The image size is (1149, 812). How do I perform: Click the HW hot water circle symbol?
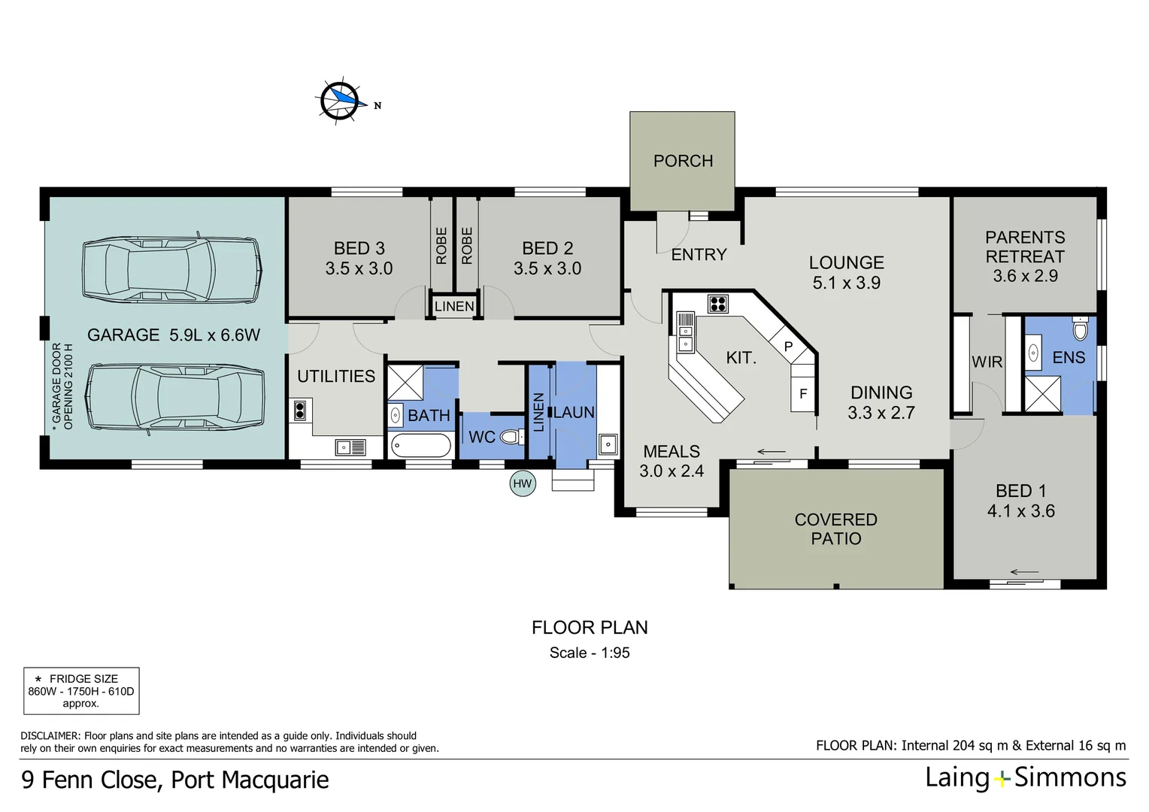point(522,483)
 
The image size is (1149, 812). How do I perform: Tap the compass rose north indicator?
point(341,101)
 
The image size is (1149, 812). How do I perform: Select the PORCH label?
point(683,161)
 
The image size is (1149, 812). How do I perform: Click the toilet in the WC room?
point(511,437)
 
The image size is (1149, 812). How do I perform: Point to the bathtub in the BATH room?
point(420,445)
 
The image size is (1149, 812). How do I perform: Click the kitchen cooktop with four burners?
point(717,304)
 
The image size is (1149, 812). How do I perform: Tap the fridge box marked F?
point(803,394)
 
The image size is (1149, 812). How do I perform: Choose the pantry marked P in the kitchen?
point(788,347)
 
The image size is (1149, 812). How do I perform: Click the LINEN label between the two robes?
point(454,307)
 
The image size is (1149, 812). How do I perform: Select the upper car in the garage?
point(172,268)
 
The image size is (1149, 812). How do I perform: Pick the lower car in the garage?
point(175,398)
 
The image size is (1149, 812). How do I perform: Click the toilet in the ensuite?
point(1080,329)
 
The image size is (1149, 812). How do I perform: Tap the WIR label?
point(987,362)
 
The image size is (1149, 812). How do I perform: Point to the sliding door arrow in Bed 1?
point(1024,571)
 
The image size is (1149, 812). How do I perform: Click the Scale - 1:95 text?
point(590,653)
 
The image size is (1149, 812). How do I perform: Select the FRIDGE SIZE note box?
point(81,690)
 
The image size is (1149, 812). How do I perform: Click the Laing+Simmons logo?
point(1026,777)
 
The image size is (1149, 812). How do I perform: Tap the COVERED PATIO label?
point(835,529)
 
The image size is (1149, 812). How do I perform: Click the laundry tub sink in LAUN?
point(608,444)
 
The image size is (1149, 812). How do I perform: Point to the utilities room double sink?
point(350,447)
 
